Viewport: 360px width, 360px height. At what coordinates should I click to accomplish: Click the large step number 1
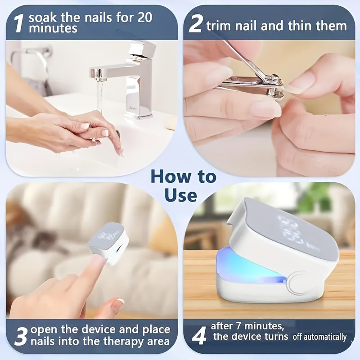pyautogui.click(x=18, y=24)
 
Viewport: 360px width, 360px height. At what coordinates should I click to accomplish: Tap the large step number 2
pyautogui.click(x=195, y=24)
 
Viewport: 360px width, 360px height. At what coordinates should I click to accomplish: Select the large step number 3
pyautogui.click(x=21, y=336)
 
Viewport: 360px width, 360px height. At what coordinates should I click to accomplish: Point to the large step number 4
pyautogui.click(x=199, y=336)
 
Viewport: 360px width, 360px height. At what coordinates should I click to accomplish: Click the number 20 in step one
pyautogui.click(x=145, y=17)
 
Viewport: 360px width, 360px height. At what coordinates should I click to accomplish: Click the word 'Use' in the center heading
pyautogui.click(x=181, y=195)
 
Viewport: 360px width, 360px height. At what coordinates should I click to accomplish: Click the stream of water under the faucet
pyautogui.click(x=100, y=96)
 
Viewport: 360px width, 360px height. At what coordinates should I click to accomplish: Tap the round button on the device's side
pyautogui.click(x=299, y=283)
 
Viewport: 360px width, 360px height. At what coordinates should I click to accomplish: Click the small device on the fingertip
pyautogui.click(x=108, y=243)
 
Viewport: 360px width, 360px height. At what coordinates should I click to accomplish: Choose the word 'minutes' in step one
pyautogui.click(x=53, y=28)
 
